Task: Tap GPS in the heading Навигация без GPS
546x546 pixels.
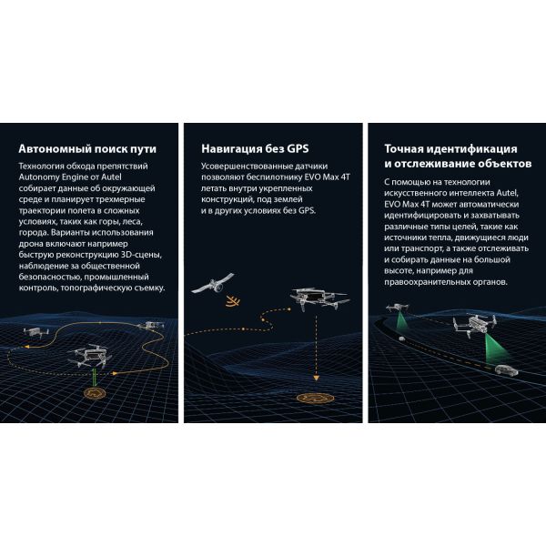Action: coord(298,148)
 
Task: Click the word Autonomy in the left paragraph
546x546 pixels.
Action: coord(39,177)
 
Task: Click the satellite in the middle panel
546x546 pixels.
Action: coord(213,284)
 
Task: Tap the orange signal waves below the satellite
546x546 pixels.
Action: coord(233,301)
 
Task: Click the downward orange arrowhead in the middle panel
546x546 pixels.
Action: coord(316,378)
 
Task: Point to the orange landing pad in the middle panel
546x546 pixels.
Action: coord(316,398)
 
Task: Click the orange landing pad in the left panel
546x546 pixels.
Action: coord(95,393)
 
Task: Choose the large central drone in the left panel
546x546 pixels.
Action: coord(90,356)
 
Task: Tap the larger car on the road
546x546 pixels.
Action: coord(506,370)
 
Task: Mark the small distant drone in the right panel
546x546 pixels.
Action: coord(398,308)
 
